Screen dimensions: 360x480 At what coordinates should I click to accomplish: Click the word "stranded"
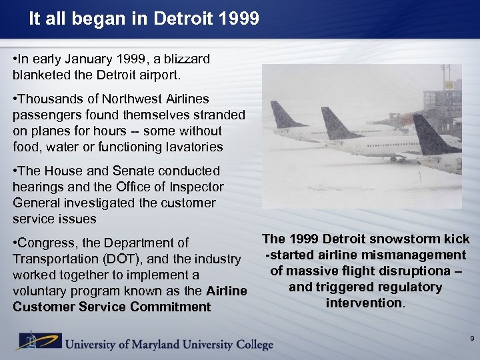(218, 115)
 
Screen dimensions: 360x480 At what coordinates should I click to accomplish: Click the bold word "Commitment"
(171, 307)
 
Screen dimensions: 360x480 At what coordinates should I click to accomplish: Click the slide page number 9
(472, 339)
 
